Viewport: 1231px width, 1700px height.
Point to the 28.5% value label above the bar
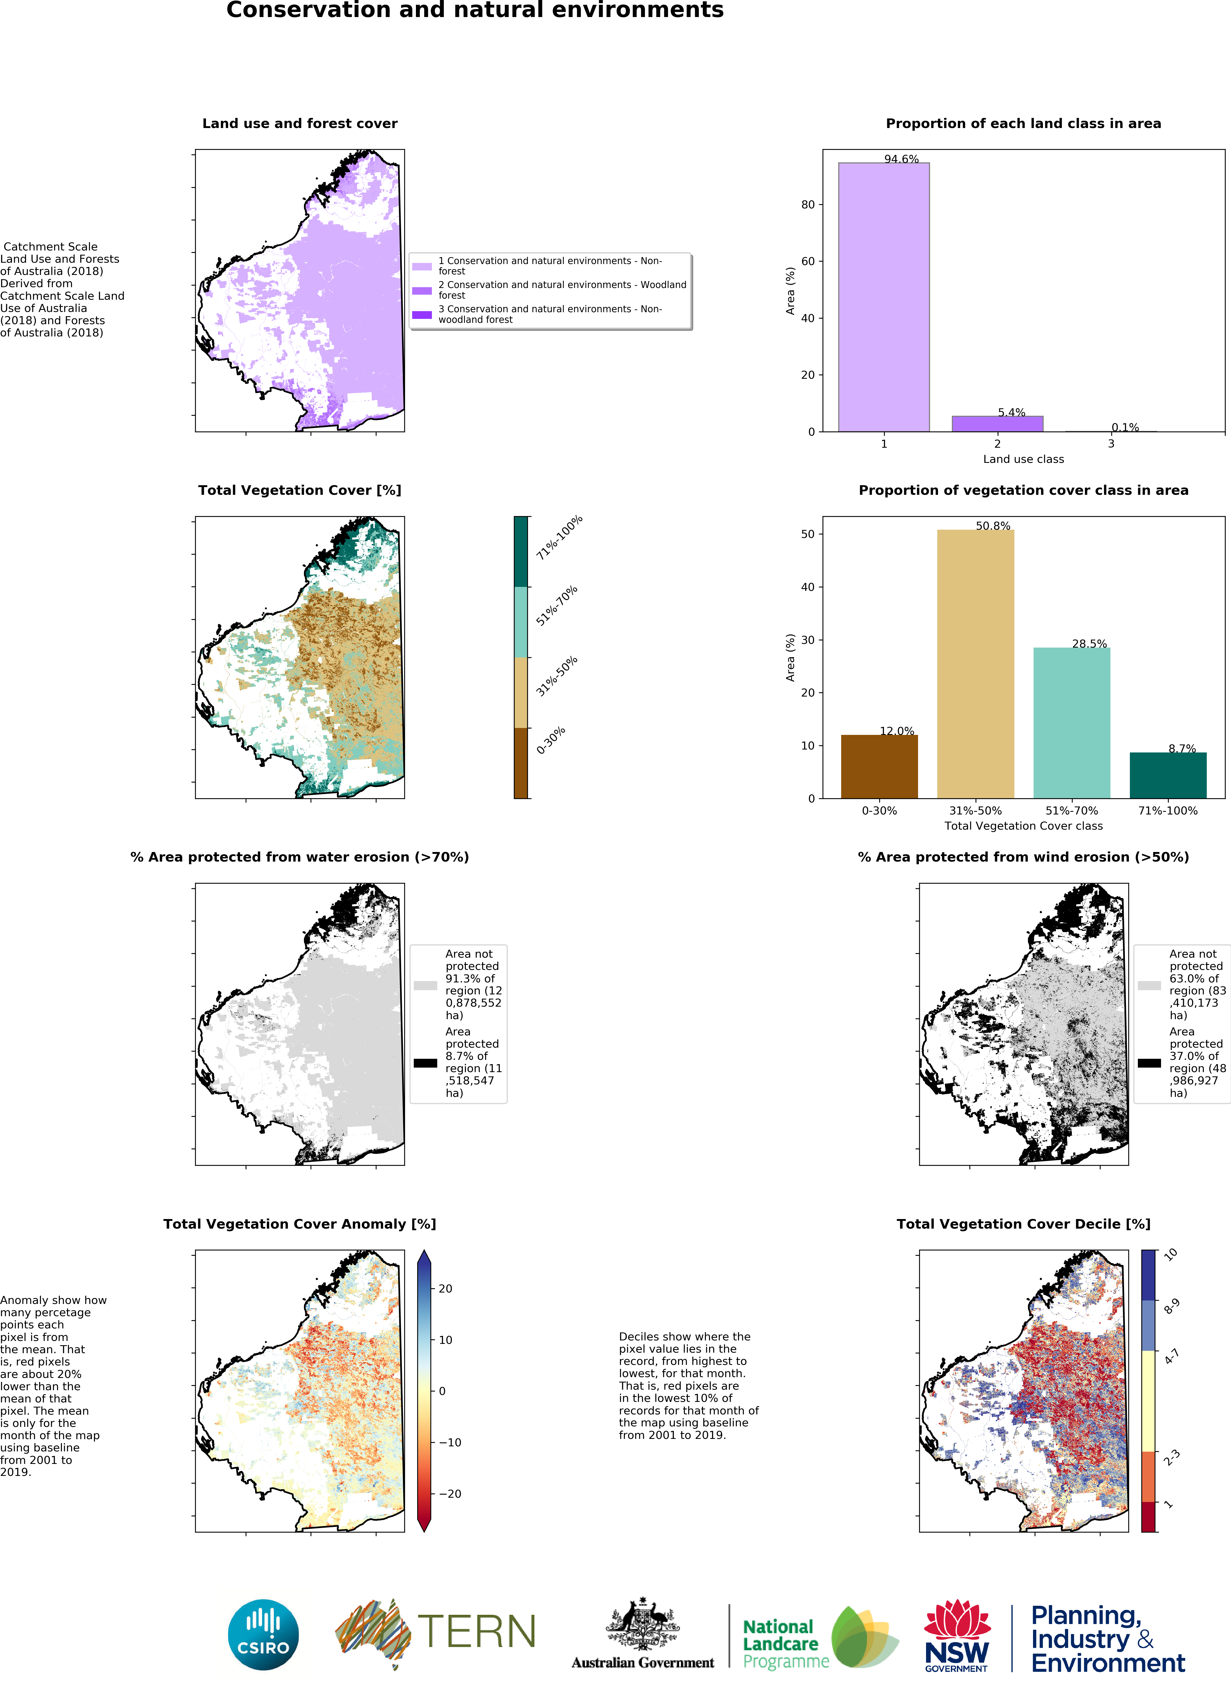tap(1089, 643)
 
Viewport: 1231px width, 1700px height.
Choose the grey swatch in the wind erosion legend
tap(1149, 985)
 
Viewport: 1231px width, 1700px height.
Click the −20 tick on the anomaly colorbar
tap(449, 1493)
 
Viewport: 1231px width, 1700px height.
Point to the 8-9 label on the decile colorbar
tap(1171, 1307)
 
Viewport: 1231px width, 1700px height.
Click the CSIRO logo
tap(263, 1635)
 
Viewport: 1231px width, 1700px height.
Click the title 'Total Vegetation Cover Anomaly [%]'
tap(300, 1223)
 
